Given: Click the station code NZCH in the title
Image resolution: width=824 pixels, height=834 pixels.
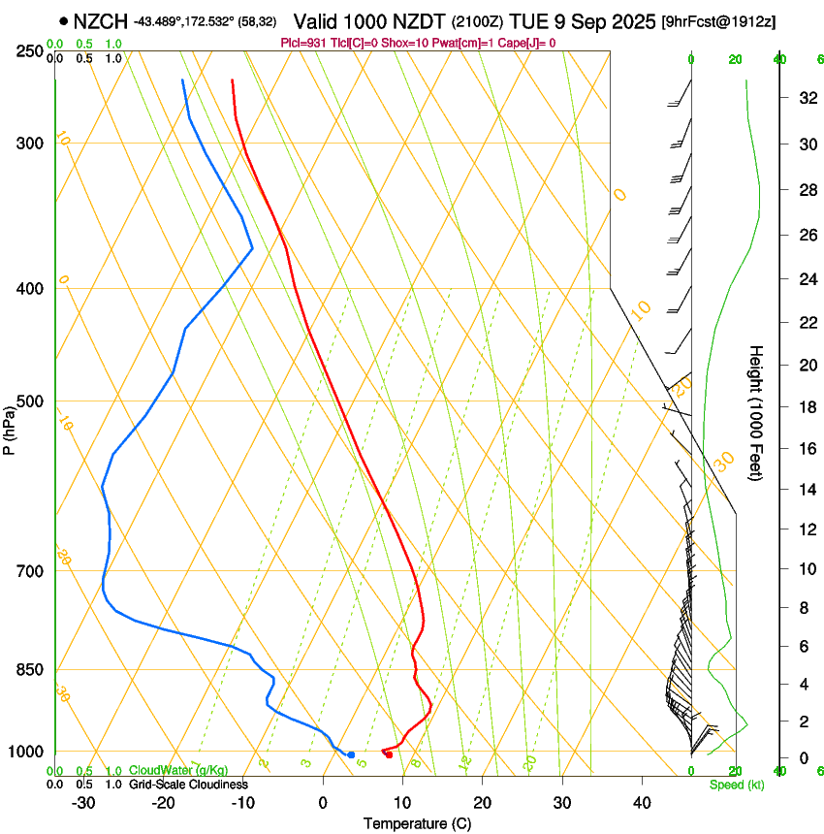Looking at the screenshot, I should [101, 21].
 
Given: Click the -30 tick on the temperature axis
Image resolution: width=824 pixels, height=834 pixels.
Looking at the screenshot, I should [83, 802].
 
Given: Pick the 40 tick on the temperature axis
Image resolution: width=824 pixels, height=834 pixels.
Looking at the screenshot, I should [641, 802].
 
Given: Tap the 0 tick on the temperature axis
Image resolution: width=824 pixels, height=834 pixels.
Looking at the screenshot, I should [323, 802].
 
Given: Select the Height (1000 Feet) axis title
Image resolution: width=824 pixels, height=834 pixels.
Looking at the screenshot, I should [756, 412].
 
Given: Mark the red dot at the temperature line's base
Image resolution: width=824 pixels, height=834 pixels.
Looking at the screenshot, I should [389, 754].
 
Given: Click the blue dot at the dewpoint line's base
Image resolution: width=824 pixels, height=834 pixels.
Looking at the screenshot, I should [351, 754].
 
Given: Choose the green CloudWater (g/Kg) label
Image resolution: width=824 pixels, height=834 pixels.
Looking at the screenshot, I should [179, 771].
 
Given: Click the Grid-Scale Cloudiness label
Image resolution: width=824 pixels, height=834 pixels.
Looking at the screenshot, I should [188, 785].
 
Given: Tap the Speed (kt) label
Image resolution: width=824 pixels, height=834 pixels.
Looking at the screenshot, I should [736, 785].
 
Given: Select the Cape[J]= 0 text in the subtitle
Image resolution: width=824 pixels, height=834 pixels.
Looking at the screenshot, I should [525, 43].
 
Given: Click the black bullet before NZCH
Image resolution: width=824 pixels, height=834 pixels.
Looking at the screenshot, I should [63, 21].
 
